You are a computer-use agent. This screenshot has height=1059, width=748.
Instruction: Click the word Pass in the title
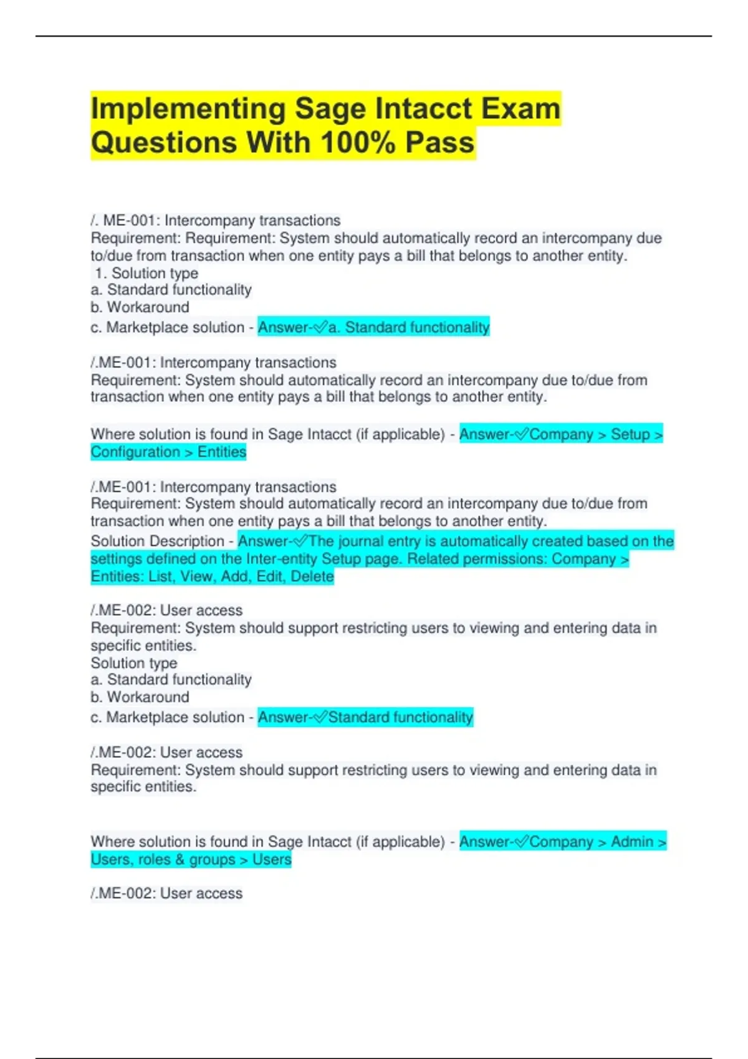pyautogui.click(x=440, y=143)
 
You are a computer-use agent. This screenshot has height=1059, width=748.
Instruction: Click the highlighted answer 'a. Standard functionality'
pyautogui.click(x=409, y=327)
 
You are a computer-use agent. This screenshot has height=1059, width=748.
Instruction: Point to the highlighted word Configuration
pyautogui.click(x=135, y=452)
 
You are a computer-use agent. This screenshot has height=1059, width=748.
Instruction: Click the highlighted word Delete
pyautogui.click(x=312, y=576)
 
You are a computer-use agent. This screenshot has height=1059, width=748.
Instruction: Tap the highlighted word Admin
pyautogui.click(x=632, y=842)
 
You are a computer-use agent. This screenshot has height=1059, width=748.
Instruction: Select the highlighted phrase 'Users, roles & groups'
pyautogui.click(x=163, y=859)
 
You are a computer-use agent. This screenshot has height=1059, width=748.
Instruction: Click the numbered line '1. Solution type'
pyautogui.click(x=147, y=273)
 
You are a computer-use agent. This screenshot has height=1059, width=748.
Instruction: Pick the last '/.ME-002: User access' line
pyautogui.click(x=166, y=893)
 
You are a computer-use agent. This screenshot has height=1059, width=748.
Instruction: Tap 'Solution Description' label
pyautogui.click(x=157, y=541)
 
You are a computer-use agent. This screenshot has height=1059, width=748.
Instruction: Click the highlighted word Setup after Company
pyautogui.click(x=630, y=434)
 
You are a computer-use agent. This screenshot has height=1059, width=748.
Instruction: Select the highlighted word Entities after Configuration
pyautogui.click(x=222, y=452)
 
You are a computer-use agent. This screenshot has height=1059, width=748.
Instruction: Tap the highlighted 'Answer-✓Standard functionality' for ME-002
pyautogui.click(x=365, y=717)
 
